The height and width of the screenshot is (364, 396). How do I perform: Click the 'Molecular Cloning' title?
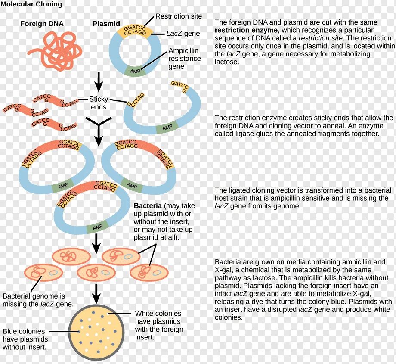pyautogui.click(x=31, y=4)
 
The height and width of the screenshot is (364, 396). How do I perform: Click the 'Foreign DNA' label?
pyautogui.click(x=42, y=24)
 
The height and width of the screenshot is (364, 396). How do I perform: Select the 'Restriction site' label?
pyautogui.click(x=178, y=16)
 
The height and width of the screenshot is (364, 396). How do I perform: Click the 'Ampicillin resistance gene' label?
pyautogui.click(x=184, y=59)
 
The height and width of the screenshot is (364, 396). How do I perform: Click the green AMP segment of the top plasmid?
pyautogui.click(x=135, y=71)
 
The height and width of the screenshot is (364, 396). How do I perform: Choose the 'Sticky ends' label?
pyautogui.click(x=99, y=103)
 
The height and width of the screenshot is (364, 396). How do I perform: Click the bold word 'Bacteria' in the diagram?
pyautogui.click(x=148, y=206)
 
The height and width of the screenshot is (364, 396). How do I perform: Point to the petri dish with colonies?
pyautogui.click(x=97, y=331)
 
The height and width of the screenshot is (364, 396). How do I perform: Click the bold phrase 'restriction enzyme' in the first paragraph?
pyautogui.click(x=246, y=30)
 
